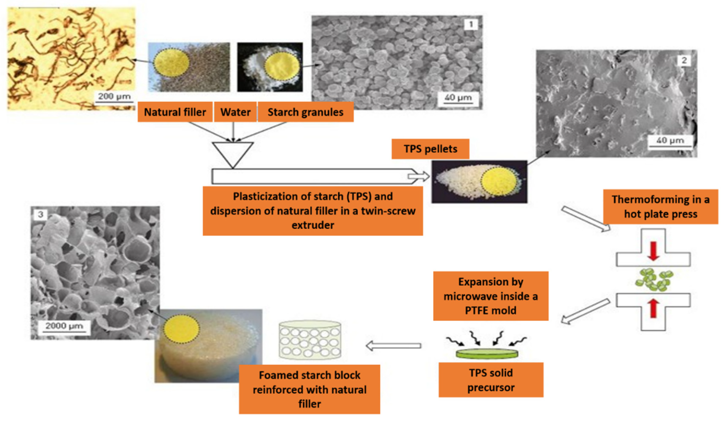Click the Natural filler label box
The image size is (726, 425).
coord(175,112)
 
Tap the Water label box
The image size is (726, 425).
coord(235,112)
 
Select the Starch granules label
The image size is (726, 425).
coord(305,112)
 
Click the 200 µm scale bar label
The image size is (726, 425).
coord(114,96)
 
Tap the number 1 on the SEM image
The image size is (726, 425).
coord(471,25)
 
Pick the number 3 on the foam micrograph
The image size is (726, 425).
coord(41,214)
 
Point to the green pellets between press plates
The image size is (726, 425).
coord(654,279)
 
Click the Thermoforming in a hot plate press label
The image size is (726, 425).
coord(660,207)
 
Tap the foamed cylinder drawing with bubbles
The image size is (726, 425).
coord(310,340)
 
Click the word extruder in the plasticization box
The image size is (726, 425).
coord(313,225)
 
